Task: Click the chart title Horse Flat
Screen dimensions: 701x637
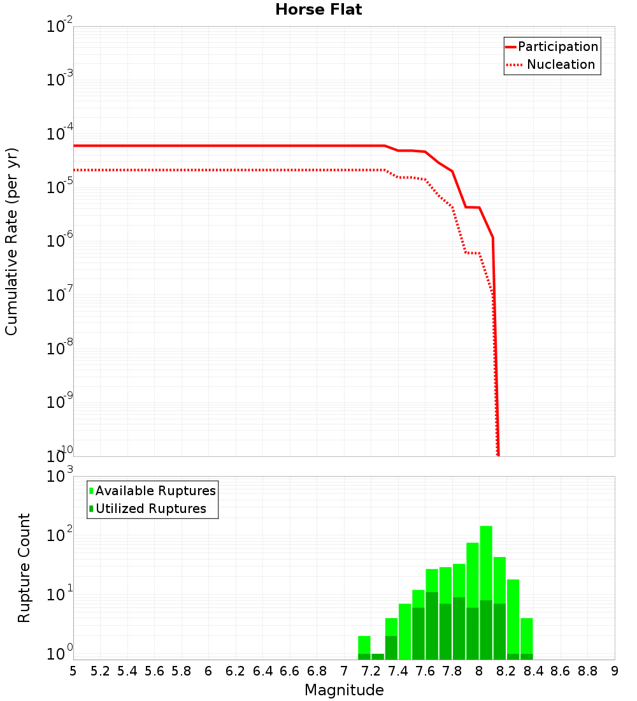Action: pos(318,10)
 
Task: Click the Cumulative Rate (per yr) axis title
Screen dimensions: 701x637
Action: pos(12,241)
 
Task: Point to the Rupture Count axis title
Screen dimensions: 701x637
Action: pos(24,568)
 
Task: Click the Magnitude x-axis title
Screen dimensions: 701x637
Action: pos(344,690)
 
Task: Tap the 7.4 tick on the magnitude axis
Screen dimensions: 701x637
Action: pos(399,671)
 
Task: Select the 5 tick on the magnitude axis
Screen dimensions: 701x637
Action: pos(73,671)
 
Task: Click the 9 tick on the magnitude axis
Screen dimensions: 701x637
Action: pos(615,671)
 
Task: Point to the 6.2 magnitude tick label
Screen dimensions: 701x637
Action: pos(236,671)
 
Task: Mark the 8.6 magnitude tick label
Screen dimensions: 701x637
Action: pos(561,671)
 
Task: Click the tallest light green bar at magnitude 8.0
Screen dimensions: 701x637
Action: pos(486,561)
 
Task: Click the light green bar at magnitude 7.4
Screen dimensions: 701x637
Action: pos(404,631)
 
